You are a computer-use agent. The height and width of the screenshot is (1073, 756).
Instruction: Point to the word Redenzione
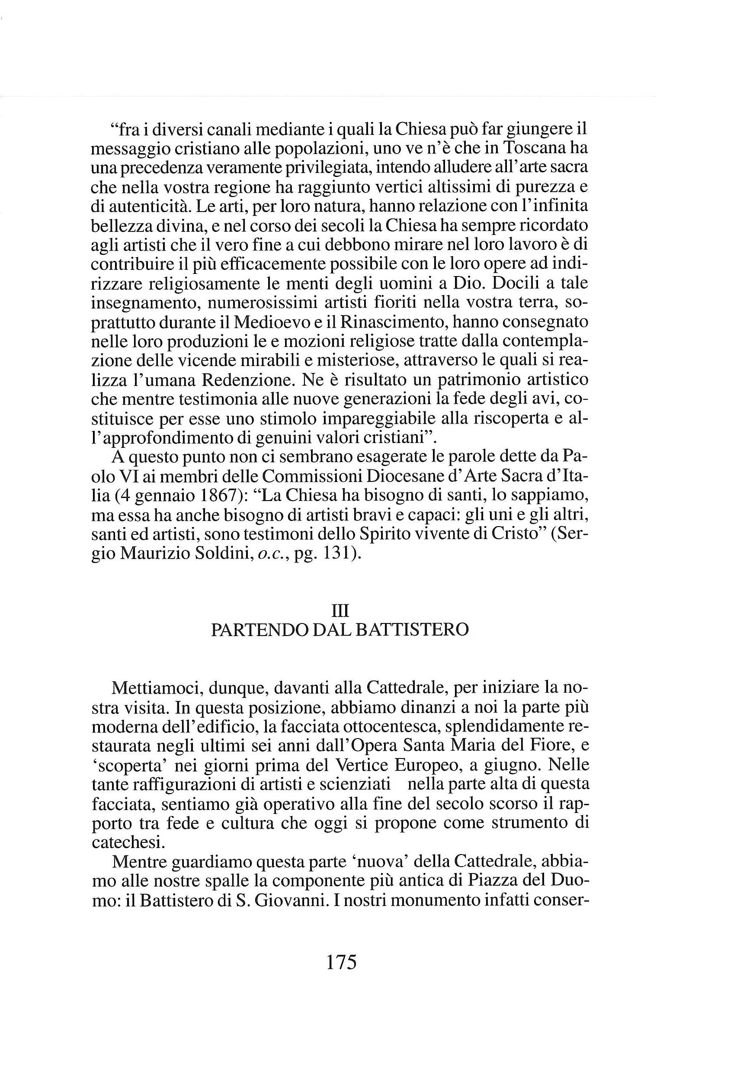[246, 381]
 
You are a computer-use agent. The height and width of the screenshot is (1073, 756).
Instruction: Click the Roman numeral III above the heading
[340, 610]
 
